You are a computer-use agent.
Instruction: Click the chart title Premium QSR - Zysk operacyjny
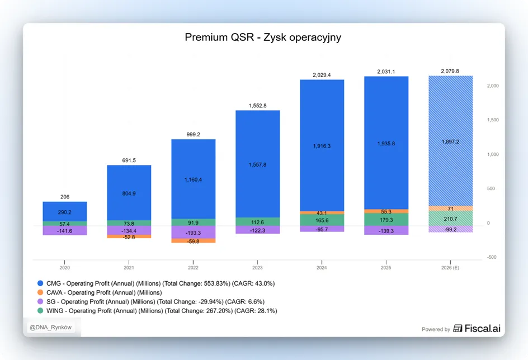pyautogui.click(x=263, y=37)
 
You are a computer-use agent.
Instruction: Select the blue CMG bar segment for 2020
pyautogui.click(x=65, y=212)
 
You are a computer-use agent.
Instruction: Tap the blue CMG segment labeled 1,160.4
pyautogui.click(x=194, y=179)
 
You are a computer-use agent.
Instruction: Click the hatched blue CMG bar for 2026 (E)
pyautogui.click(x=451, y=141)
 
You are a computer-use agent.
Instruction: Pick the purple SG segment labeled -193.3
pyautogui.click(x=194, y=233)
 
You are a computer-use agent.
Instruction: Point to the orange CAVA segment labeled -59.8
pyautogui.click(x=194, y=241)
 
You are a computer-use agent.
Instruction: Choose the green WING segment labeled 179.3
pyautogui.click(x=386, y=220)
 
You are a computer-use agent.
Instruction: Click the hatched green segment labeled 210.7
pyautogui.click(x=451, y=219)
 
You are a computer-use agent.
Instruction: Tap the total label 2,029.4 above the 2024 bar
pyautogui.click(x=322, y=75)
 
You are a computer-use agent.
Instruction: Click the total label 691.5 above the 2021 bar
pyautogui.click(x=129, y=160)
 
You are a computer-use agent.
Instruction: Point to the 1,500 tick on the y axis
pyautogui.click(x=493, y=120)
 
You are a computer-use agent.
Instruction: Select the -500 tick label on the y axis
pyautogui.click(x=492, y=257)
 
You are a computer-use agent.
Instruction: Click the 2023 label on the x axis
pyautogui.click(x=258, y=268)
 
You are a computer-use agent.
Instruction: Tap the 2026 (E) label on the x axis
pyautogui.click(x=450, y=268)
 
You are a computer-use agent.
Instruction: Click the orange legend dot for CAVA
pyautogui.click(x=40, y=292)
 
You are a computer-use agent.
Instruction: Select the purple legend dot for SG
pyautogui.click(x=40, y=301)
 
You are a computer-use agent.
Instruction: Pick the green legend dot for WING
pyautogui.click(x=40, y=311)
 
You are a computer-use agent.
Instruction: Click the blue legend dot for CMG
pyautogui.click(x=40, y=283)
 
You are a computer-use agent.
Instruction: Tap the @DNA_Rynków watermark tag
pyautogui.click(x=51, y=328)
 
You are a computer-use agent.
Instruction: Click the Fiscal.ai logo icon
pyautogui.click(x=458, y=328)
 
